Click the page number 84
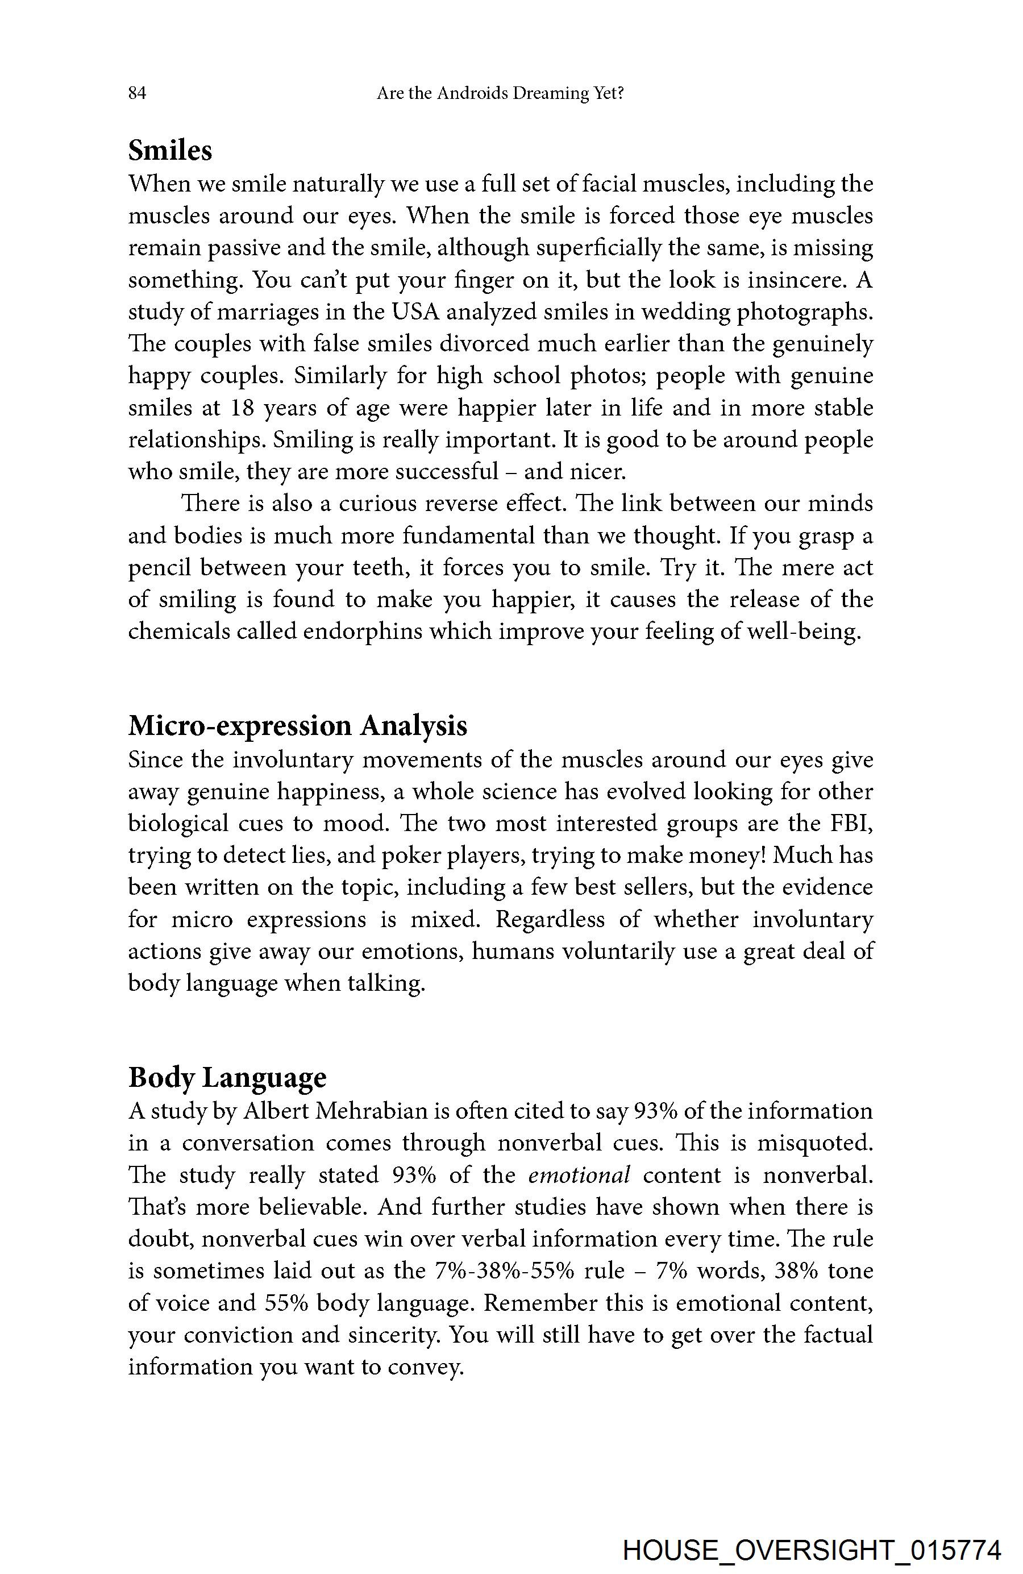point(137,93)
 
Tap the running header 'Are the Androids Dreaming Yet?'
point(500,93)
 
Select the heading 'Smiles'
point(170,150)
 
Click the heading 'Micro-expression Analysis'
point(298,725)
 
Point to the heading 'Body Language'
point(227,1077)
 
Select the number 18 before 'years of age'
point(242,408)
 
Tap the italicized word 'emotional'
point(579,1175)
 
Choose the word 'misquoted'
point(812,1143)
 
